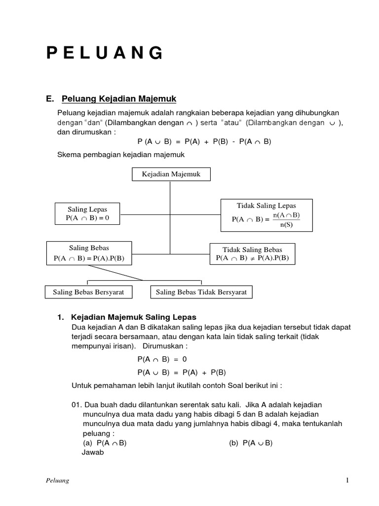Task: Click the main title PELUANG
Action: click(105, 52)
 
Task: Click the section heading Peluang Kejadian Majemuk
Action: click(119, 98)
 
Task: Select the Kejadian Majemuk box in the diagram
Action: click(171, 174)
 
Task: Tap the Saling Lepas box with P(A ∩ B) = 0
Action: click(87, 213)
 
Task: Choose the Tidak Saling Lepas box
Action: click(267, 215)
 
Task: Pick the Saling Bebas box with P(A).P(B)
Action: click(89, 253)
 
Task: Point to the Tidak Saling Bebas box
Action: click(252, 254)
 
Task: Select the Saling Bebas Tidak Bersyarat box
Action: click(201, 292)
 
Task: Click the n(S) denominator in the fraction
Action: click(286, 225)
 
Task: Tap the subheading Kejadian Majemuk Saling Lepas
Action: click(134, 317)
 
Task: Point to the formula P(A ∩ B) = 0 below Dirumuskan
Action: click(162, 359)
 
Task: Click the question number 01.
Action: click(77, 405)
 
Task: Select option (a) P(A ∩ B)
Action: click(105, 443)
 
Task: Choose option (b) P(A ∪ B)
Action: click(251, 443)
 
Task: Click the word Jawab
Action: click(92, 452)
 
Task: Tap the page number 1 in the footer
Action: click(347, 481)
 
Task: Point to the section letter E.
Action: click(49, 98)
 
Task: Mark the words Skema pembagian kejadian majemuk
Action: click(121, 155)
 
